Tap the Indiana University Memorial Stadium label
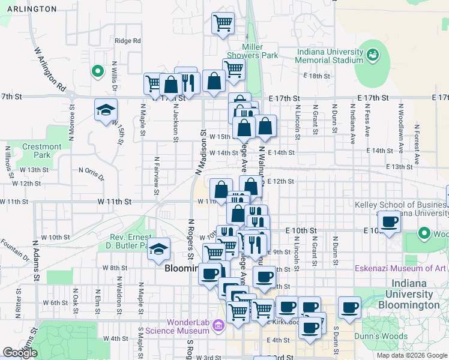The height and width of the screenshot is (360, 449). click(330, 56)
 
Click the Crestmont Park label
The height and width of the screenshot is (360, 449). click(41, 151)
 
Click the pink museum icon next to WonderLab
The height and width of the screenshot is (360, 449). click(218, 326)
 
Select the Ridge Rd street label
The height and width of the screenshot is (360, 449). click(127, 41)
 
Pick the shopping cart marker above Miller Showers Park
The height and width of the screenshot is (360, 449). click(223, 24)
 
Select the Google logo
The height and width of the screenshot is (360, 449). click(20, 353)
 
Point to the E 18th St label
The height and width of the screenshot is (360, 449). click(316, 76)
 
